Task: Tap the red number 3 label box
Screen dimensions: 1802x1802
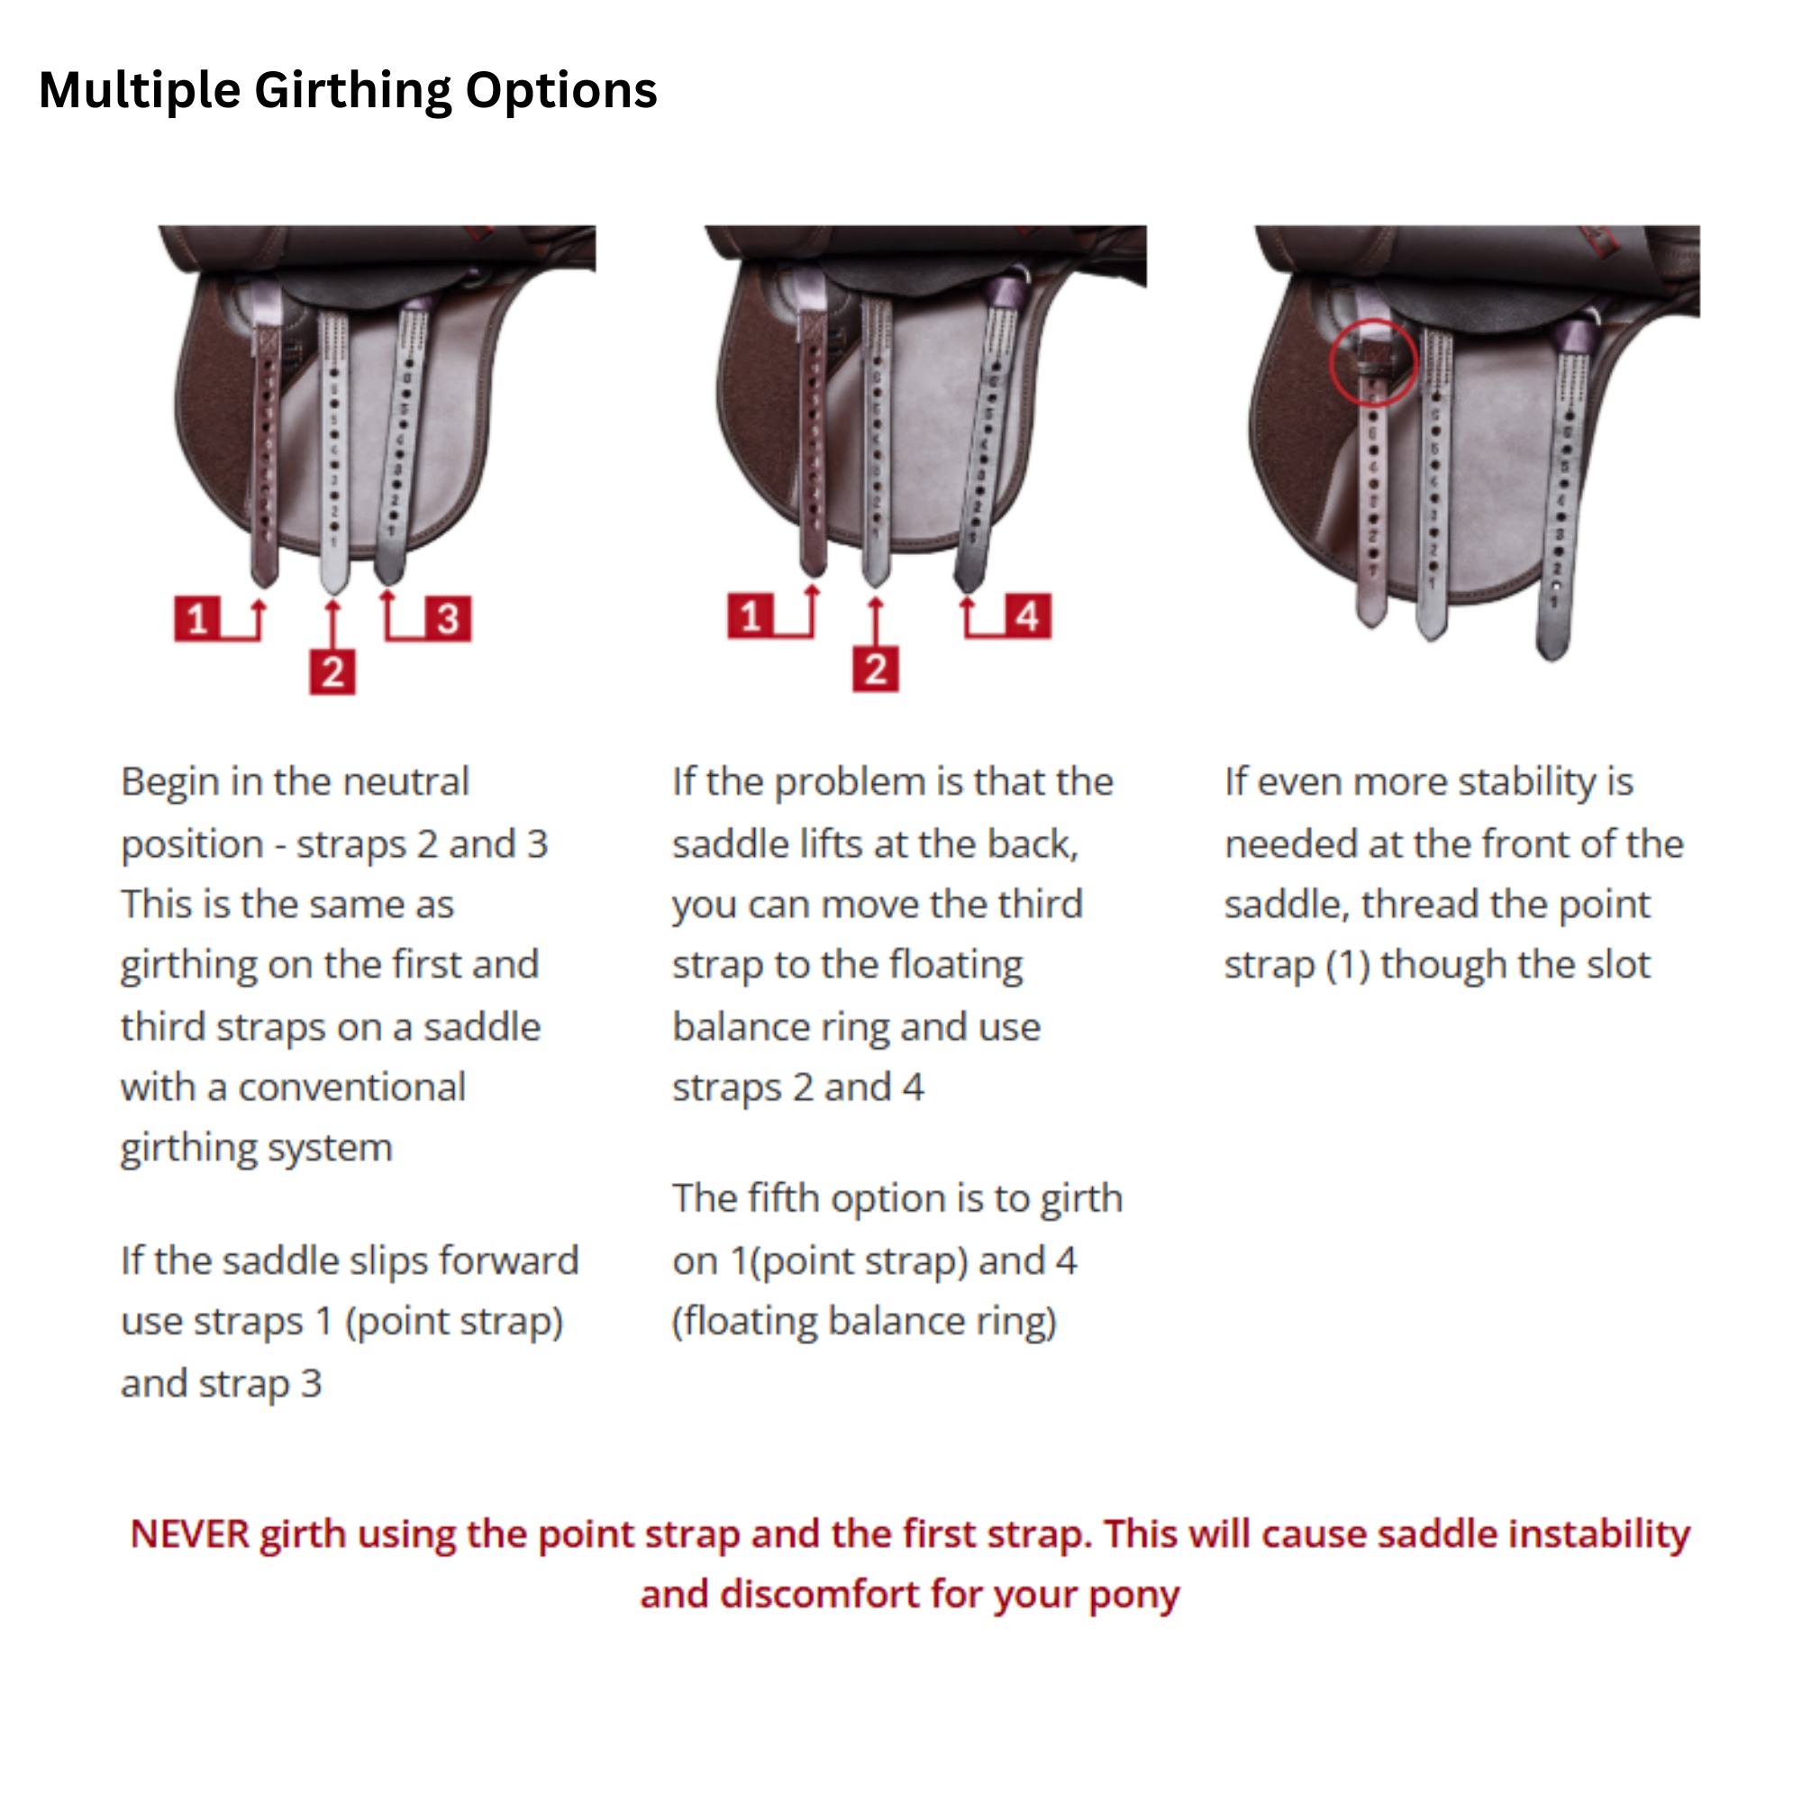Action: pyautogui.click(x=448, y=618)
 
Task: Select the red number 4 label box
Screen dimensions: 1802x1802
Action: pyautogui.click(x=1027, y=615)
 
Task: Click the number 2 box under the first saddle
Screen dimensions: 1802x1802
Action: pyautogui.click(x=332, y=671)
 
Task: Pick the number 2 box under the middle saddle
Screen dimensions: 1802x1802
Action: pyautogui.click(x=875, y=669)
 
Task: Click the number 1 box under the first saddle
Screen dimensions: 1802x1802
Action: pyautogui.click(x=196, y=618)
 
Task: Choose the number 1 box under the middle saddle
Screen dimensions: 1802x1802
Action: pyautogui.click(x=751, y=615)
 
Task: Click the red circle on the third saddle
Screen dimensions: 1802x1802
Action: pyautogui.click(x=1372, y=362)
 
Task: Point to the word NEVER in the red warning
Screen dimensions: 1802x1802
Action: pyautogui.click(x=190, y=1534)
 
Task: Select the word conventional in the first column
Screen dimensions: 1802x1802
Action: pyautogui.click(x=351, y=1088)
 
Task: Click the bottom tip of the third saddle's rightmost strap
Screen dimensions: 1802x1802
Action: pyautogui.click(x=1552, y=656)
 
